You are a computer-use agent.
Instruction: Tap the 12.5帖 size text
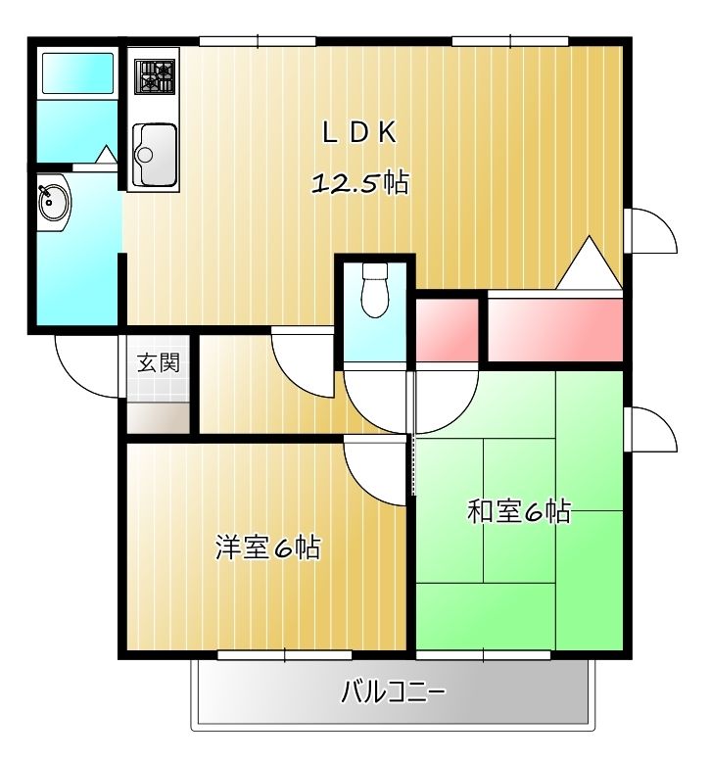[359, 183]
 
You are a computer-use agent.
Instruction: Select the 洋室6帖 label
[268, 548]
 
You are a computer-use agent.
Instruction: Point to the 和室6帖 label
[519, 511]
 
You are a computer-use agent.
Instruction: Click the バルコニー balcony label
[394, 693]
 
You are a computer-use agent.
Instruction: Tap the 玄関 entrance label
[158, 363]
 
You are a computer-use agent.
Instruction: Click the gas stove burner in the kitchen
[155, 75]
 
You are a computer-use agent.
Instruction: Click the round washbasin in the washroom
[53, 204]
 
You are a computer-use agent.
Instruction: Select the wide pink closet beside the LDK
[555, 329]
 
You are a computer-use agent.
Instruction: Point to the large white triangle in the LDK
[590, 264]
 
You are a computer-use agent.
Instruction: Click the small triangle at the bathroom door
[104, 155]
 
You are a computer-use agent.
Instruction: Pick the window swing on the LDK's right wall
[648, 232]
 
